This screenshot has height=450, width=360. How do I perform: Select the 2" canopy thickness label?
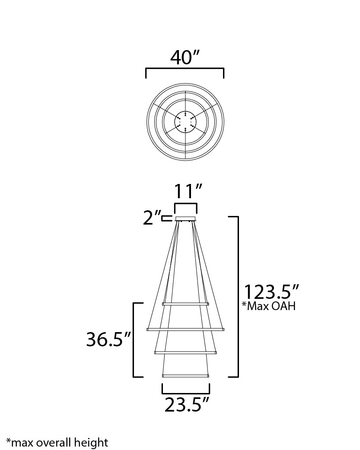(x=152, y=218)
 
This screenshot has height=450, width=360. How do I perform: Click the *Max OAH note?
(x=268, y=307)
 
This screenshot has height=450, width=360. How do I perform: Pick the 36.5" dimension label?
(x=108, y=339)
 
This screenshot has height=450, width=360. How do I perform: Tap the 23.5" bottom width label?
(x=187, y=405)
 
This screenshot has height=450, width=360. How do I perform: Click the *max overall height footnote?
(x=57, y=442)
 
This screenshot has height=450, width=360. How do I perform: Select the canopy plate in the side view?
(x=186, y=219)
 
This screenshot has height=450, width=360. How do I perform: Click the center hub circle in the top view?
(x=185, y=121)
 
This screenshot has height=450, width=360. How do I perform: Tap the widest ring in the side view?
(x=185, y=330)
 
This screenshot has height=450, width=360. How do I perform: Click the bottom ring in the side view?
(x=185, y=376)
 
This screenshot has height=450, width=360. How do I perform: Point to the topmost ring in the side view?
(x=185, y=304)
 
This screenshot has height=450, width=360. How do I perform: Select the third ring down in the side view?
(x=185, y=353)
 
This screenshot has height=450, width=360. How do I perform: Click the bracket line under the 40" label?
(x=185, y=69)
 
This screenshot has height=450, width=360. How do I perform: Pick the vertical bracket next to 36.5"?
(x=133, y=339)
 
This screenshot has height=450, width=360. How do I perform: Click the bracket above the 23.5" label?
(x=186, y=393)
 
